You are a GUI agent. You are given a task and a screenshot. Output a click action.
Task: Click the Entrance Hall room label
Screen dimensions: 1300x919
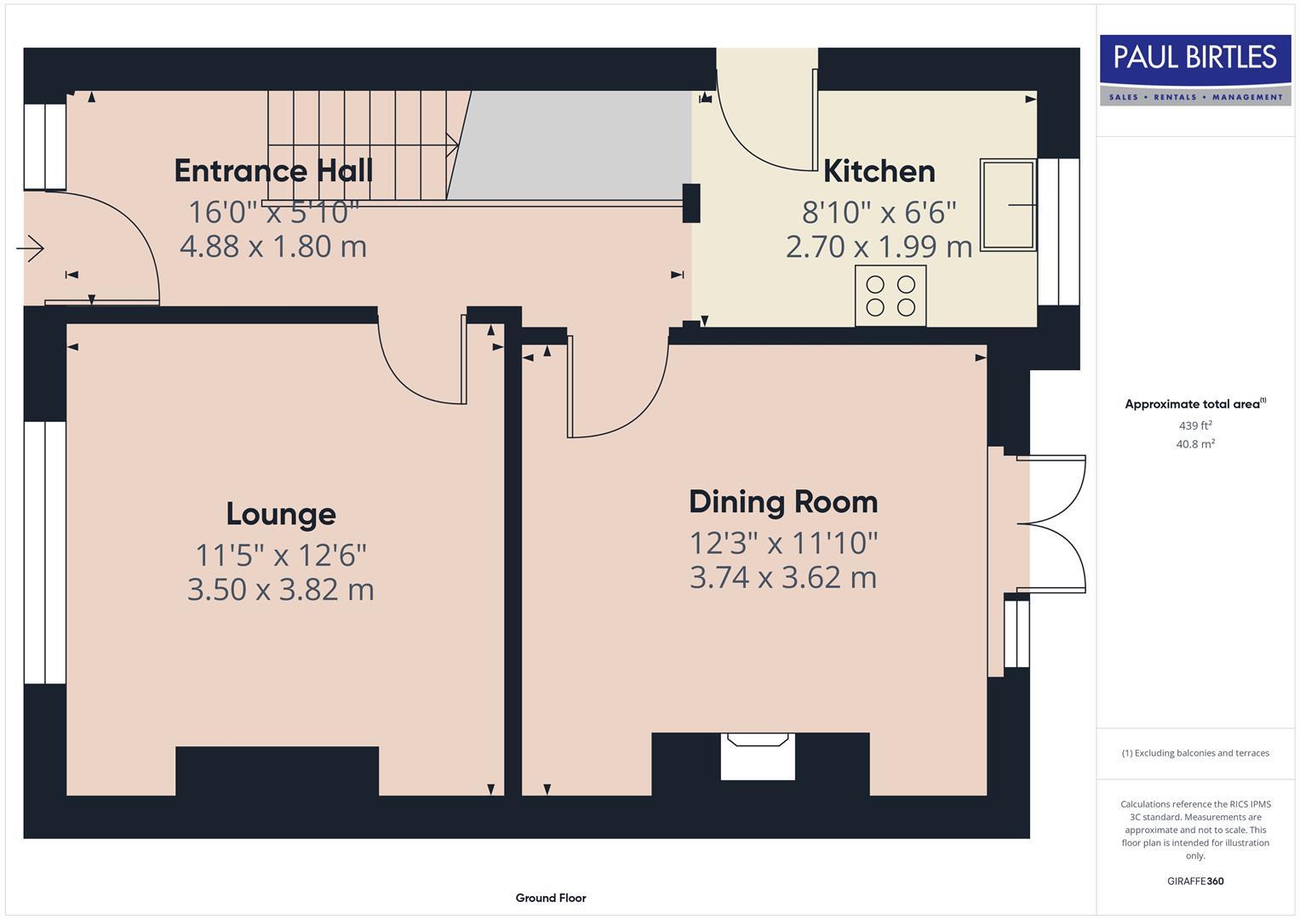tap(273, 170)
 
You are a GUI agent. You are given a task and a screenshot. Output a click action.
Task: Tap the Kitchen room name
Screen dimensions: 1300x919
tap(879, 171)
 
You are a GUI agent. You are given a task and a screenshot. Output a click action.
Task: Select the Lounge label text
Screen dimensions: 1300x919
tap(281, 515)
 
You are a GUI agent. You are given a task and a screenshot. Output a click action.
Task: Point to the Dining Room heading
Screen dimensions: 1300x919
tap(783, 502)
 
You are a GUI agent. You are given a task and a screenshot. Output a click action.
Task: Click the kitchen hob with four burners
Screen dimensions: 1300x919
tap(891, 296)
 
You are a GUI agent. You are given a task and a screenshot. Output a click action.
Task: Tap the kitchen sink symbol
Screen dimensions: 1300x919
tap(1009, 205)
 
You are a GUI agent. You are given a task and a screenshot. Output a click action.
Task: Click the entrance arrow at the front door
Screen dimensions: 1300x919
tap(30, 248)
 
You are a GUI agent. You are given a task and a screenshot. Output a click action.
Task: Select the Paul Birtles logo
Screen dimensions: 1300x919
tap(1195, 70)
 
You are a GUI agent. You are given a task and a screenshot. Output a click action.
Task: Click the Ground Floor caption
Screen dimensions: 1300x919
tap(551, 898)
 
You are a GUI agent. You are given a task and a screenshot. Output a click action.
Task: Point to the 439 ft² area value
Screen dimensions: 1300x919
tap(1195, 425)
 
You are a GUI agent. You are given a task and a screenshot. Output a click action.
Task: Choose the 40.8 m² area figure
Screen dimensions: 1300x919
tap(1195, 444)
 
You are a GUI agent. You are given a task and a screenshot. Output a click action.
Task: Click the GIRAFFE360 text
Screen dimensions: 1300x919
tap(1195, 881)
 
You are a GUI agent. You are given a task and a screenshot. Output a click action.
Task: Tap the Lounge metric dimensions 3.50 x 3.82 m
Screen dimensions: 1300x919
tap(281, 590)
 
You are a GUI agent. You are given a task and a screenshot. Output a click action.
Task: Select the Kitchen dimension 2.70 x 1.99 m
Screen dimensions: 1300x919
tap(879, 247)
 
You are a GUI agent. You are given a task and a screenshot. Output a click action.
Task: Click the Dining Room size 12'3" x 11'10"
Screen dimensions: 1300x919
tap(783, 544)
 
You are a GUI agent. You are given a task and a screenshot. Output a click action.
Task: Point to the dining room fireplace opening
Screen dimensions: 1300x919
tap(758, 756)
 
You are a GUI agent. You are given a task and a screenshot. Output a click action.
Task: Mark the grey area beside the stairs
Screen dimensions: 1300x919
tap(571, 145)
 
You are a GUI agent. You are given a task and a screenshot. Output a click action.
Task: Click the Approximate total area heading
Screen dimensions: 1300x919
tap(1195, 403)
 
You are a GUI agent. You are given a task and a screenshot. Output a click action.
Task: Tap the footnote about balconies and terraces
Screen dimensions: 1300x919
tap(1195, 753)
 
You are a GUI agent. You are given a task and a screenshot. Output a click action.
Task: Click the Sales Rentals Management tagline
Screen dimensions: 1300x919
tap(1195, 97)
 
